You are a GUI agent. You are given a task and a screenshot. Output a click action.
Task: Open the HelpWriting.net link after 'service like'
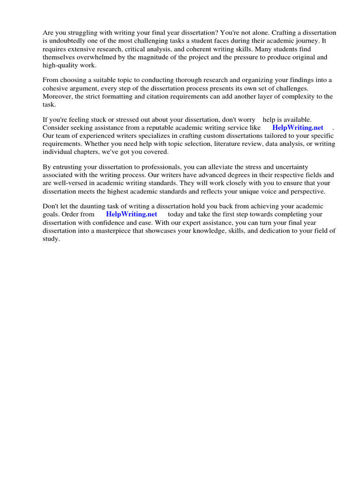pyautogui.click(x=298, y=127)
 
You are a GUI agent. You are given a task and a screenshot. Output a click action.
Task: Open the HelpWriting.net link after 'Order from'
pyautogui.click(x=132, y=214)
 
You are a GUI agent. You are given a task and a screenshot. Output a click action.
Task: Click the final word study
pyautogui.click(x=51, y=239)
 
